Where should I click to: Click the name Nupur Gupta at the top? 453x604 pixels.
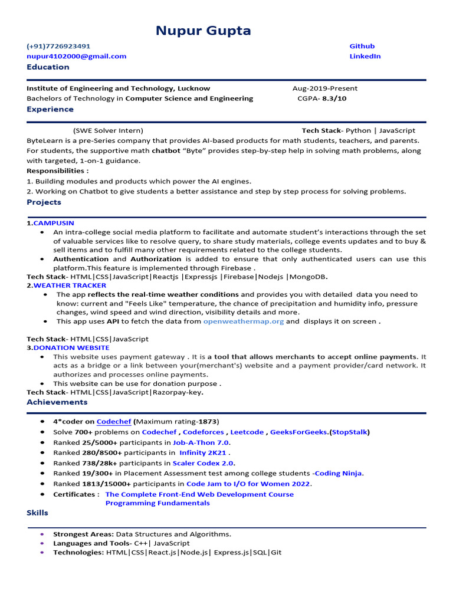click(203, 31)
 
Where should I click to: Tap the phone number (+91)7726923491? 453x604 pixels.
click(58, 46)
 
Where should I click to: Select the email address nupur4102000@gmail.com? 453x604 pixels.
click(76, 56)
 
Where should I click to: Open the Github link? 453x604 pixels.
click(362, 46)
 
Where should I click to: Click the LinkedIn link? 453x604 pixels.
click(365, 56)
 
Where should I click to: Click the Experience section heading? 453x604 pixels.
click(50, 109)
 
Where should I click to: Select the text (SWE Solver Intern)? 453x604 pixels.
click(108, 130)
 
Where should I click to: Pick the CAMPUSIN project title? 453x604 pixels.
click(54, 223)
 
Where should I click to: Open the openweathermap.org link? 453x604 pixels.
click(243, 321)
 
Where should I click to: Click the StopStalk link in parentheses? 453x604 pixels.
click(350, 432)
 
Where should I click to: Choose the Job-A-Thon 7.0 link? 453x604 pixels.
click(201, 442)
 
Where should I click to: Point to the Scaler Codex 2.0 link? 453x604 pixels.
click(203, 463)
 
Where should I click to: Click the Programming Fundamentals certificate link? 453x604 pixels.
click(157, 503)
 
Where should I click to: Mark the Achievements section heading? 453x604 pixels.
click(57, 402)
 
